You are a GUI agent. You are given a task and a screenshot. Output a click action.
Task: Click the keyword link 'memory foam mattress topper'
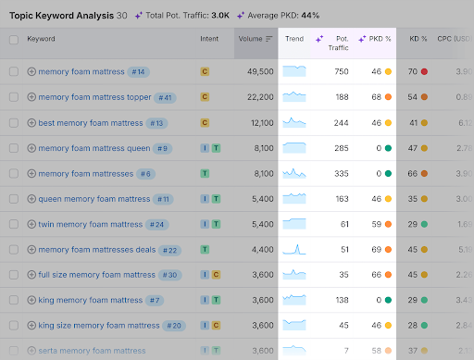95,97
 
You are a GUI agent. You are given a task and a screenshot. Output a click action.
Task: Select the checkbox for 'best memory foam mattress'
14,123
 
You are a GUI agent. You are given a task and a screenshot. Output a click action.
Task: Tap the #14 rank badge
139,71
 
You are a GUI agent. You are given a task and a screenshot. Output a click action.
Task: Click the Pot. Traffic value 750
342,71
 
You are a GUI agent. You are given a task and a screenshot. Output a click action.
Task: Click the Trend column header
294,39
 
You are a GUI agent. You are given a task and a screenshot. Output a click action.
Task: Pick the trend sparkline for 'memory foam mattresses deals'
294,249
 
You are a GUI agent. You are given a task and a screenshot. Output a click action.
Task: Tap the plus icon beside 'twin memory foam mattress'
31,224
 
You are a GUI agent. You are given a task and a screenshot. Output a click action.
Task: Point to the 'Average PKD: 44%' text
278,16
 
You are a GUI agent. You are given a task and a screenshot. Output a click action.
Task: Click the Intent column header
209,39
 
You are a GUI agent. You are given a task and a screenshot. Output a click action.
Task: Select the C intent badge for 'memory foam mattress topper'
205,97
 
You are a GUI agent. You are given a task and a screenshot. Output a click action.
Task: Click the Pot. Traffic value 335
342,173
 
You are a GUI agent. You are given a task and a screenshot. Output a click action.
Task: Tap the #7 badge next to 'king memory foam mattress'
154,300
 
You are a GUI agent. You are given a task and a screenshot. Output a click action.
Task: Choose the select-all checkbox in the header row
14,40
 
